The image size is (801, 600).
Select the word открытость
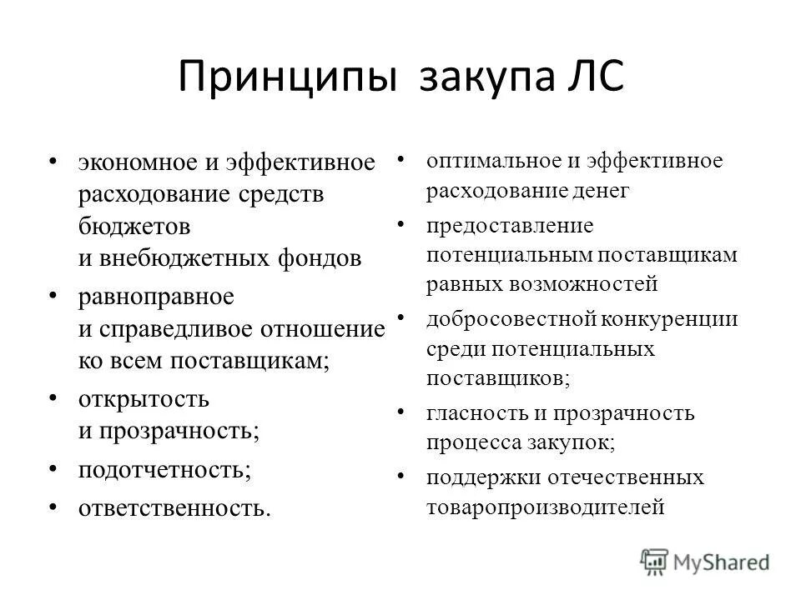pos(144,398)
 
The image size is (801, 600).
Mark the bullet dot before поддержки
pos(401,476)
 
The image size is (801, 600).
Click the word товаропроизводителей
pos(546,506)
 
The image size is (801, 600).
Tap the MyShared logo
pos(706,562)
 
